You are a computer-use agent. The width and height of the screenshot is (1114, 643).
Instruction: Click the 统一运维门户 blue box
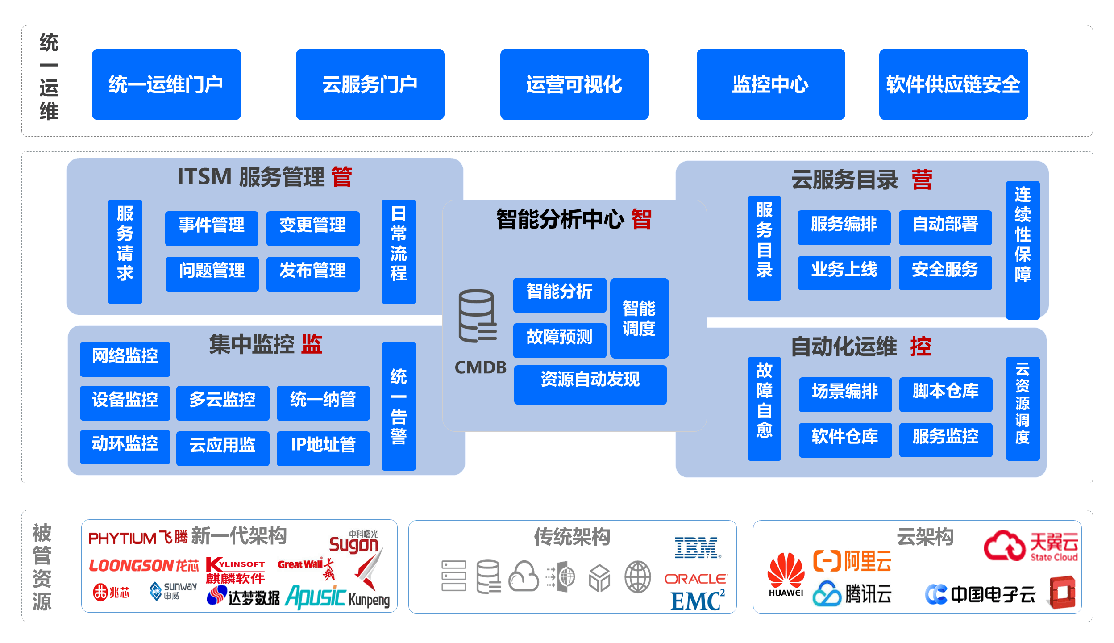(x=166, y=84)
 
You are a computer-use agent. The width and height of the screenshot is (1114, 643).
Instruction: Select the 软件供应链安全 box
(x=953, y=84)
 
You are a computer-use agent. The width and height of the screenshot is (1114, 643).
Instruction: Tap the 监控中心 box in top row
(x=770, y=84)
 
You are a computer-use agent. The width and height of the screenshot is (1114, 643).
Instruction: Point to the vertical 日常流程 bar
(x=398, y=251)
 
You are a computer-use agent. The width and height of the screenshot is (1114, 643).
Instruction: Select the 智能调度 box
(x=639, y=318)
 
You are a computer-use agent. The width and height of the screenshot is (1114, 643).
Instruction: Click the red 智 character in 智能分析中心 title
(x=641, y=220)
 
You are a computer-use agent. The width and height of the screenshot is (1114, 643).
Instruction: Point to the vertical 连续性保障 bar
(x=1022, y=250)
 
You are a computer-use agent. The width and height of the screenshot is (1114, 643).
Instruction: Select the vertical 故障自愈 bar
(x=764, y=408)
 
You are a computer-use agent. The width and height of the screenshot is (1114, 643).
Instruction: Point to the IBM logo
(x=697, y=548)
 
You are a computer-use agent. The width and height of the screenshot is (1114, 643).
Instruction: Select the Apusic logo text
(x=315, y=597)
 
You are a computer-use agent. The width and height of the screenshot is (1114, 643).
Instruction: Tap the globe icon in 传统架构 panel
(x=637, y=576)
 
